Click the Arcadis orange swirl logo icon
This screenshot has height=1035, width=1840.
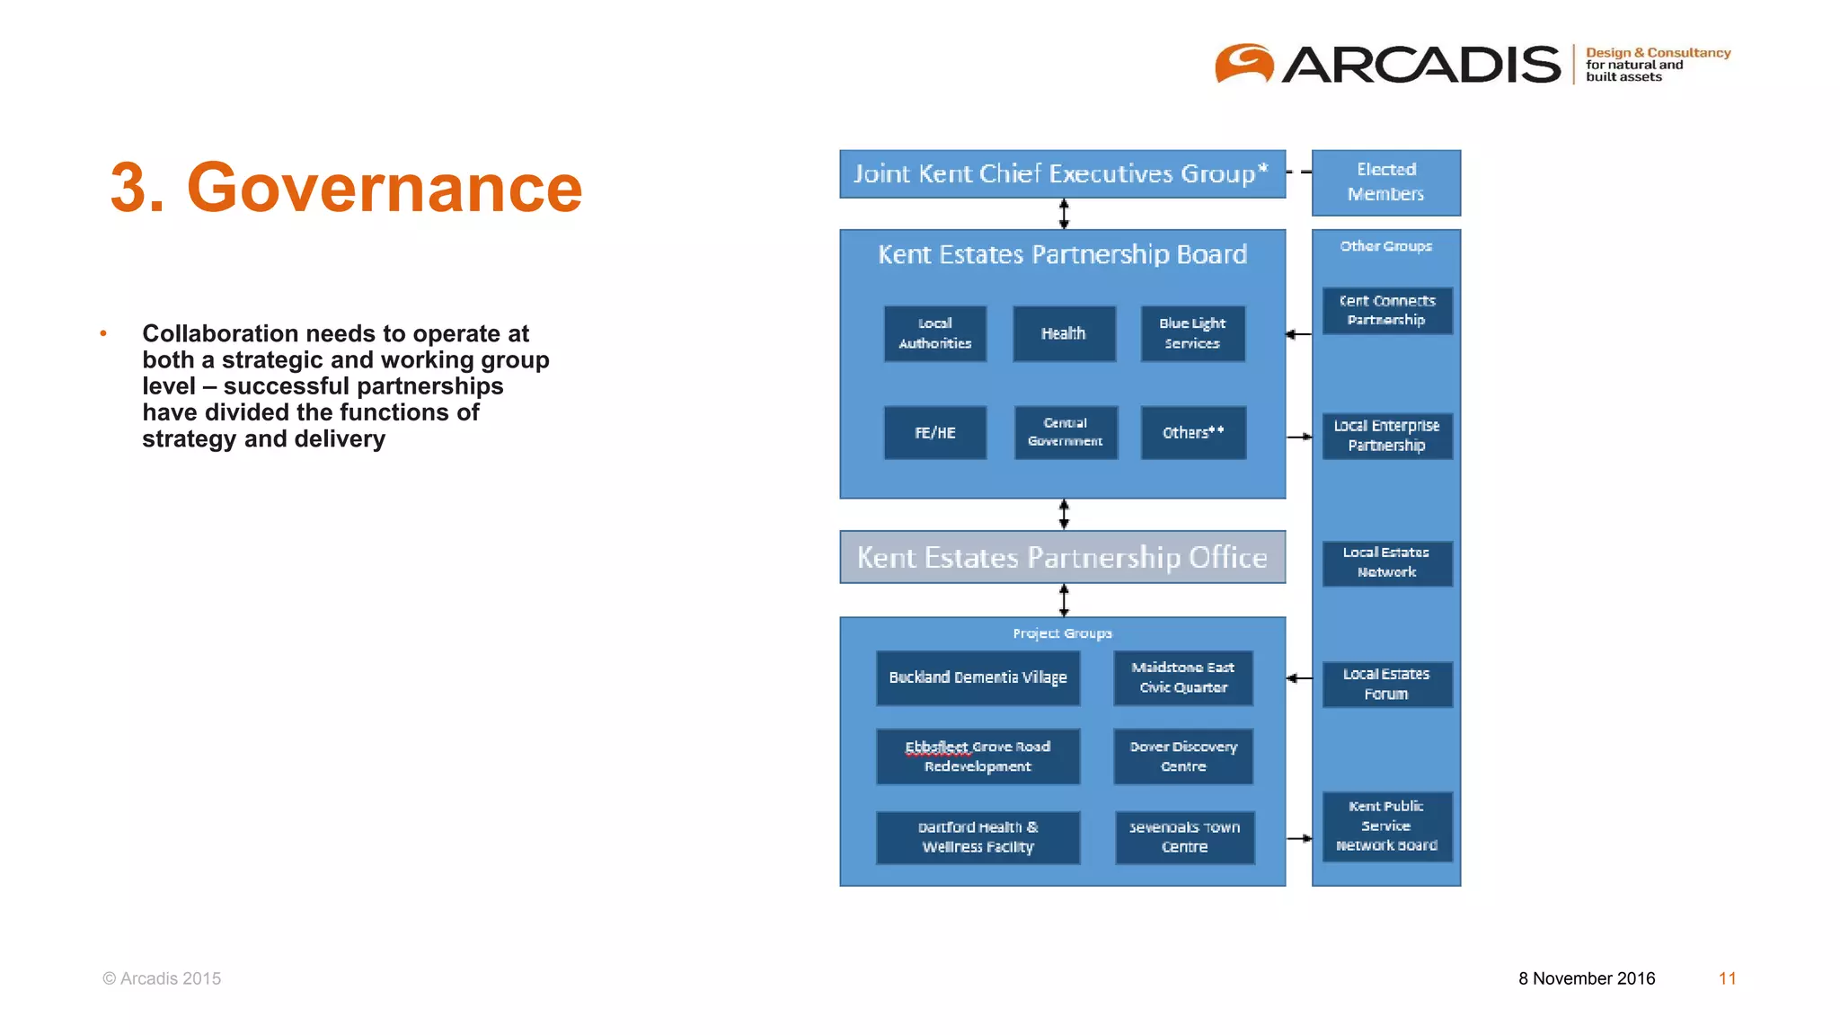tap(1244, 64)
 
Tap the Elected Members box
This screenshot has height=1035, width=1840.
tap(1385, 182)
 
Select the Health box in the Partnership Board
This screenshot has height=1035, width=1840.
tap(1064, 333)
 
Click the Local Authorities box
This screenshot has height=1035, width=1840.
tap(934, 333)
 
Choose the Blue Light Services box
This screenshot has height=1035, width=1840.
tap(1192, 333)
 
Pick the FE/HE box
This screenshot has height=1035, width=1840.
tap(934, 432)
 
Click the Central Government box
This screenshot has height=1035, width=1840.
tap(1066, 432)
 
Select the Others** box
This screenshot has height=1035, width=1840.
tap(1193, 432)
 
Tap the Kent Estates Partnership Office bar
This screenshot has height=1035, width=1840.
tap(1062, 557)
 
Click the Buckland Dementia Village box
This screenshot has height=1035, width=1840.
tap(977, 677)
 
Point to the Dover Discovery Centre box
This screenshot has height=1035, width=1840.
tap(1183, 756)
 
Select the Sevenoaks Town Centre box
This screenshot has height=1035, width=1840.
tap(1184, 837)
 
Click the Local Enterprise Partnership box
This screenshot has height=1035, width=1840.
tap(1386, 436)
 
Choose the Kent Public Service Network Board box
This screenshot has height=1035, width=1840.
tap(1386, 826)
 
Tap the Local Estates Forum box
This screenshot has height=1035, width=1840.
tap(1386, 684)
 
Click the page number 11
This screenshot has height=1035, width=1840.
tap(1727, 978)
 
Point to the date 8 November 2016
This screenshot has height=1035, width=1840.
tap(1587, 978)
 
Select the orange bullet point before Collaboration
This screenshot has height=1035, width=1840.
tap(103, 334)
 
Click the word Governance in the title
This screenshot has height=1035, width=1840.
tap(384, 188)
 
